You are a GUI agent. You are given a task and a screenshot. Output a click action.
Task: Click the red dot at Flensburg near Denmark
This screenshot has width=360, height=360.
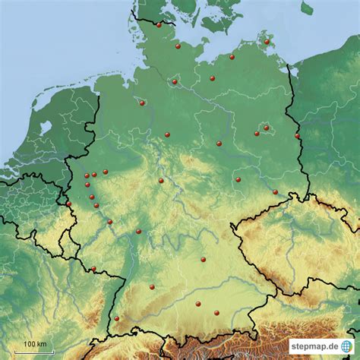(x=159, y=24)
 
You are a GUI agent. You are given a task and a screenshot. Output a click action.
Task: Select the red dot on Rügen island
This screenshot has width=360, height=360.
(x=267, y=42)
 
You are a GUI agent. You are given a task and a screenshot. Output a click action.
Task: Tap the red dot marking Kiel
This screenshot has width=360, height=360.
(x=178, y=46)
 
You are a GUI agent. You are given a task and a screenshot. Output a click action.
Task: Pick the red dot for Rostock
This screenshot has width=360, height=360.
(x=232, y=57)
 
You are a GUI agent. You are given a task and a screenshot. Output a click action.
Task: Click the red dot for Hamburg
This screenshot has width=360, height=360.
(x=175, y=81)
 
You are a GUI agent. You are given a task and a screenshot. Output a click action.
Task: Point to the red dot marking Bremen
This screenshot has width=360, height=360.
(x=142, y=103)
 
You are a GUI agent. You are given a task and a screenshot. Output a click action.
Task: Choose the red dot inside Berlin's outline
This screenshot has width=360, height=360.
(x=266, y=128)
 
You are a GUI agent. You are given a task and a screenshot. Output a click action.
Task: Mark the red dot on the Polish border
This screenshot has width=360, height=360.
(x=297, y=137)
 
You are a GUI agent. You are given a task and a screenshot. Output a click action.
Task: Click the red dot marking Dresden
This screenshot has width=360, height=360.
(x=275, y=192)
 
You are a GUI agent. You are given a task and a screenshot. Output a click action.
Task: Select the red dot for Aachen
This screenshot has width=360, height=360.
(x=68, y=204)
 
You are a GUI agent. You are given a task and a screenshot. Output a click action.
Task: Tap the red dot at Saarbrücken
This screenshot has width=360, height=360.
(x=93, y=269)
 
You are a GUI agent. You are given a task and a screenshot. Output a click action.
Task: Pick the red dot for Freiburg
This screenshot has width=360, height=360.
(x=116, y=318)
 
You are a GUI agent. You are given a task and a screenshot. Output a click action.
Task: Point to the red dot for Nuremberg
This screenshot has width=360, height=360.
(x=204, y=260)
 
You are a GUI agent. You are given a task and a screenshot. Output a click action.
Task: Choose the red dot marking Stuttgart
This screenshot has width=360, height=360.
(x=152, y=287)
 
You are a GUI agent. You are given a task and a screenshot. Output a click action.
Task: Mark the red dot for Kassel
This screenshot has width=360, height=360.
(x=161, y=181)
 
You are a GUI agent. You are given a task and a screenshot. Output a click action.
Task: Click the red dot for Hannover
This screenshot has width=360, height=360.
(x=167, y=134)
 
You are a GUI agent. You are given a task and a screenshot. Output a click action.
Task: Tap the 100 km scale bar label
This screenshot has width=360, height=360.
(x=35, y=345)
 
